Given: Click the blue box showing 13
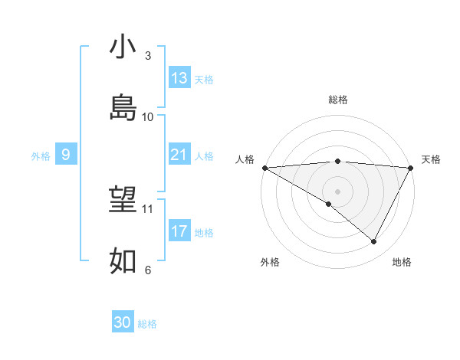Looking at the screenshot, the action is point(179,78).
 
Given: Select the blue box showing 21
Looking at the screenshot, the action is point(179,155).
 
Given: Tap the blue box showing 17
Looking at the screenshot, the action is point(179,231).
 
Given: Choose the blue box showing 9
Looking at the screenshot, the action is point(66,155).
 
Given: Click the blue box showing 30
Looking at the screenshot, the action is point(123,323).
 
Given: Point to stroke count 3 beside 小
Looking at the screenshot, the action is point(148,56).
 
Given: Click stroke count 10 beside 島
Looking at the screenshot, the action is point(148,116).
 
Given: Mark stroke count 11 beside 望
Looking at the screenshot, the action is point(148,208).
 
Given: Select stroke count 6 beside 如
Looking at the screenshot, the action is point(148,270).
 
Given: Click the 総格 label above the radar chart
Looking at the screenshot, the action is point(338,100).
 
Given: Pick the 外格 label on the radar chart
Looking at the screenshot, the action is point(270,262).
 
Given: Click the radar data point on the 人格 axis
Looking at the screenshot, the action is point(264,168).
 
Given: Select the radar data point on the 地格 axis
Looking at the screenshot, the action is point(374,242).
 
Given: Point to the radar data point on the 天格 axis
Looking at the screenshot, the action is point(411,168).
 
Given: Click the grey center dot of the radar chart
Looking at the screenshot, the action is point(337,191).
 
